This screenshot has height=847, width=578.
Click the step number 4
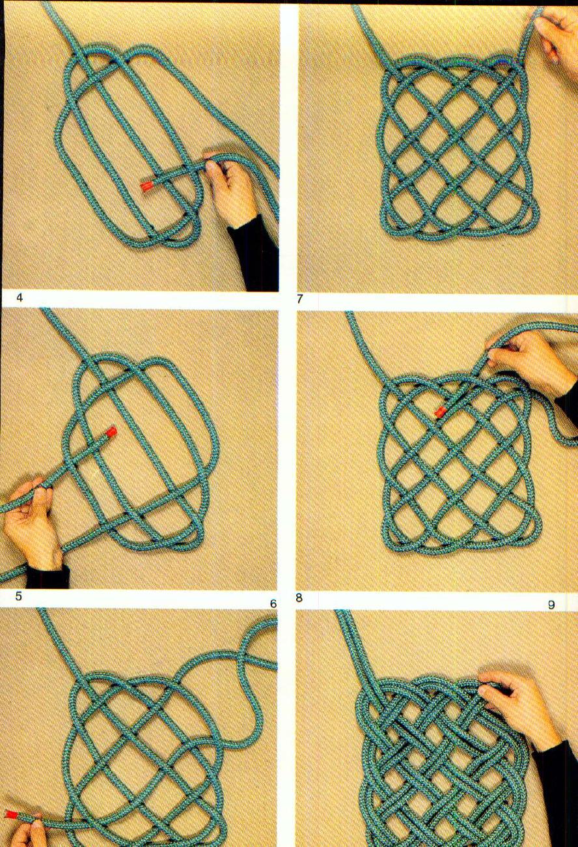tap(20, 298)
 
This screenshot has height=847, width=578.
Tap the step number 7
tap(299, 300)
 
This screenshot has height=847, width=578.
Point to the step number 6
tap(273, 604)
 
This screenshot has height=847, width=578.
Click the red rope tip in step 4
tap(147, 186)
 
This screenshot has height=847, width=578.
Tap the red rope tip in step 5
tap(111, 431)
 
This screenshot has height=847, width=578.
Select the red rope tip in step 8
tap(441, 411)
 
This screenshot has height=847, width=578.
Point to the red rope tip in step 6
tap(12, 814)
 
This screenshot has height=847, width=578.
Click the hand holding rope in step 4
tap(231, 189)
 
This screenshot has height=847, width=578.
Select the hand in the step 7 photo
tap(558, 33)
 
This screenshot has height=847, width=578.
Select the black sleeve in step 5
tap(47, 577)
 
